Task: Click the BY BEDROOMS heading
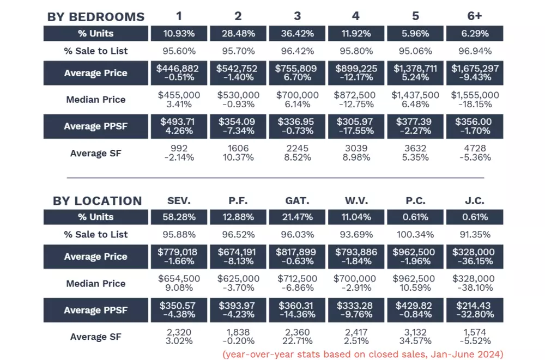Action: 96,16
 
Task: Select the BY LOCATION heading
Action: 97,200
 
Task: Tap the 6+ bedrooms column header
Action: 474,16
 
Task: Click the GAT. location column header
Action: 297,200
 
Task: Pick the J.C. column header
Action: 474,200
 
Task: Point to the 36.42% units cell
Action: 298,34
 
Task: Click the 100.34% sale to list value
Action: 415,235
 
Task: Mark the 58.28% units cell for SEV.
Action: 179,217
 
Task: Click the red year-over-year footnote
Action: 362,355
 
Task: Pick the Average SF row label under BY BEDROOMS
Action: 96,153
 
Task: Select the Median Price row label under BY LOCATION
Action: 96,283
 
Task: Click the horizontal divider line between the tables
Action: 275,178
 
